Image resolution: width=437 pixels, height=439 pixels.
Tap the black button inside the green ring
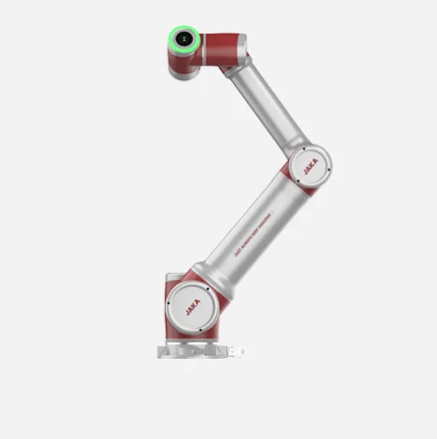[x=184, y=39]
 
